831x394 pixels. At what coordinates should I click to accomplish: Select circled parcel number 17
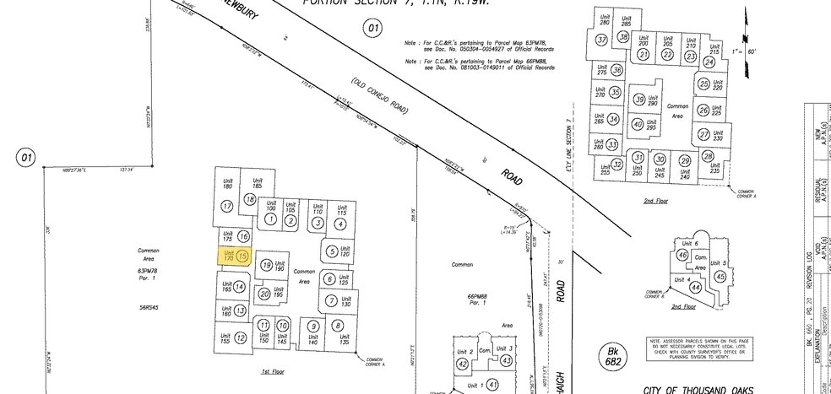click(226, 206)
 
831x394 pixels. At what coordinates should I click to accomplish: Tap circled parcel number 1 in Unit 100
click(270, 219)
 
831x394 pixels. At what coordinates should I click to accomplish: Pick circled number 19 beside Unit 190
click(267, 265)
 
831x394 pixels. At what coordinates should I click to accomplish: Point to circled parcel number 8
click(338, 326)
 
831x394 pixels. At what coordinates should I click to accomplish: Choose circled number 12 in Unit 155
click(241, 338)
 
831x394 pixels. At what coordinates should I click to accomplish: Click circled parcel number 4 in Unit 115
click(340, 224)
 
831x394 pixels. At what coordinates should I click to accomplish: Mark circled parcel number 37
click(602, 40)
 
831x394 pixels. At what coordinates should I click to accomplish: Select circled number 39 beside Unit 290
click(639, 100)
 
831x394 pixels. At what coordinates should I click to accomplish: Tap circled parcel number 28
click(708, 156)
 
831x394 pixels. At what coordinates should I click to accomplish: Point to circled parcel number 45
click(720, 276)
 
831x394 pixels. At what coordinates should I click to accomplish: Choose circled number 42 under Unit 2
click(462, 364)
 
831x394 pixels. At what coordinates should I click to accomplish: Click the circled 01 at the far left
click(26, 157)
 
